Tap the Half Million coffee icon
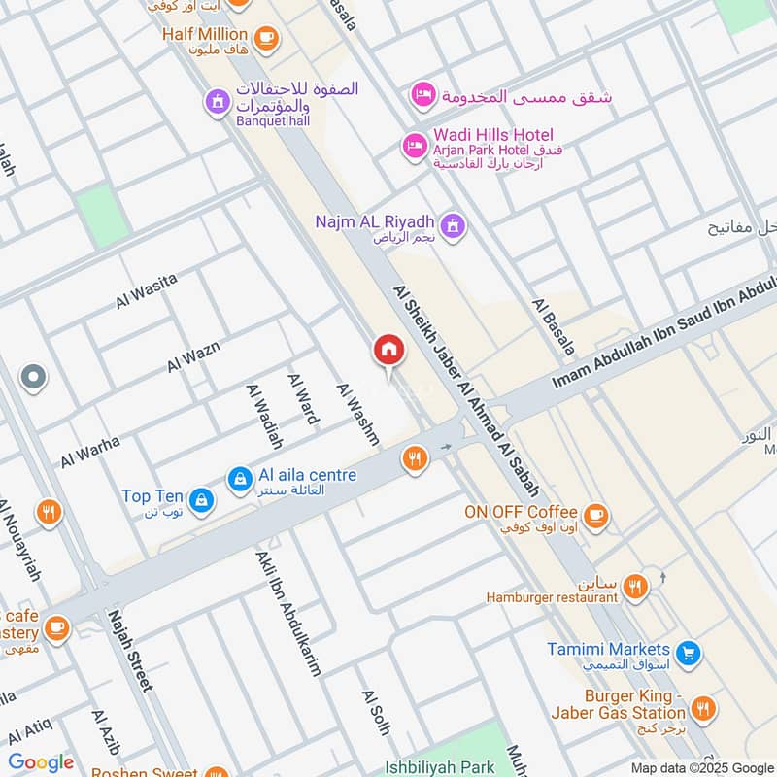point(265,39)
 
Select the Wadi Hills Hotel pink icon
point(415,147)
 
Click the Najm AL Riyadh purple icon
point(452,227)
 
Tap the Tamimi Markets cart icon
point(688,653)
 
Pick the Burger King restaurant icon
point(705,709)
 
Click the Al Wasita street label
point(147,291)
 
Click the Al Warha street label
point(90,452)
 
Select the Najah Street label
point(131,651)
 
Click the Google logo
point(41,762)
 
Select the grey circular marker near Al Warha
point(33,378)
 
